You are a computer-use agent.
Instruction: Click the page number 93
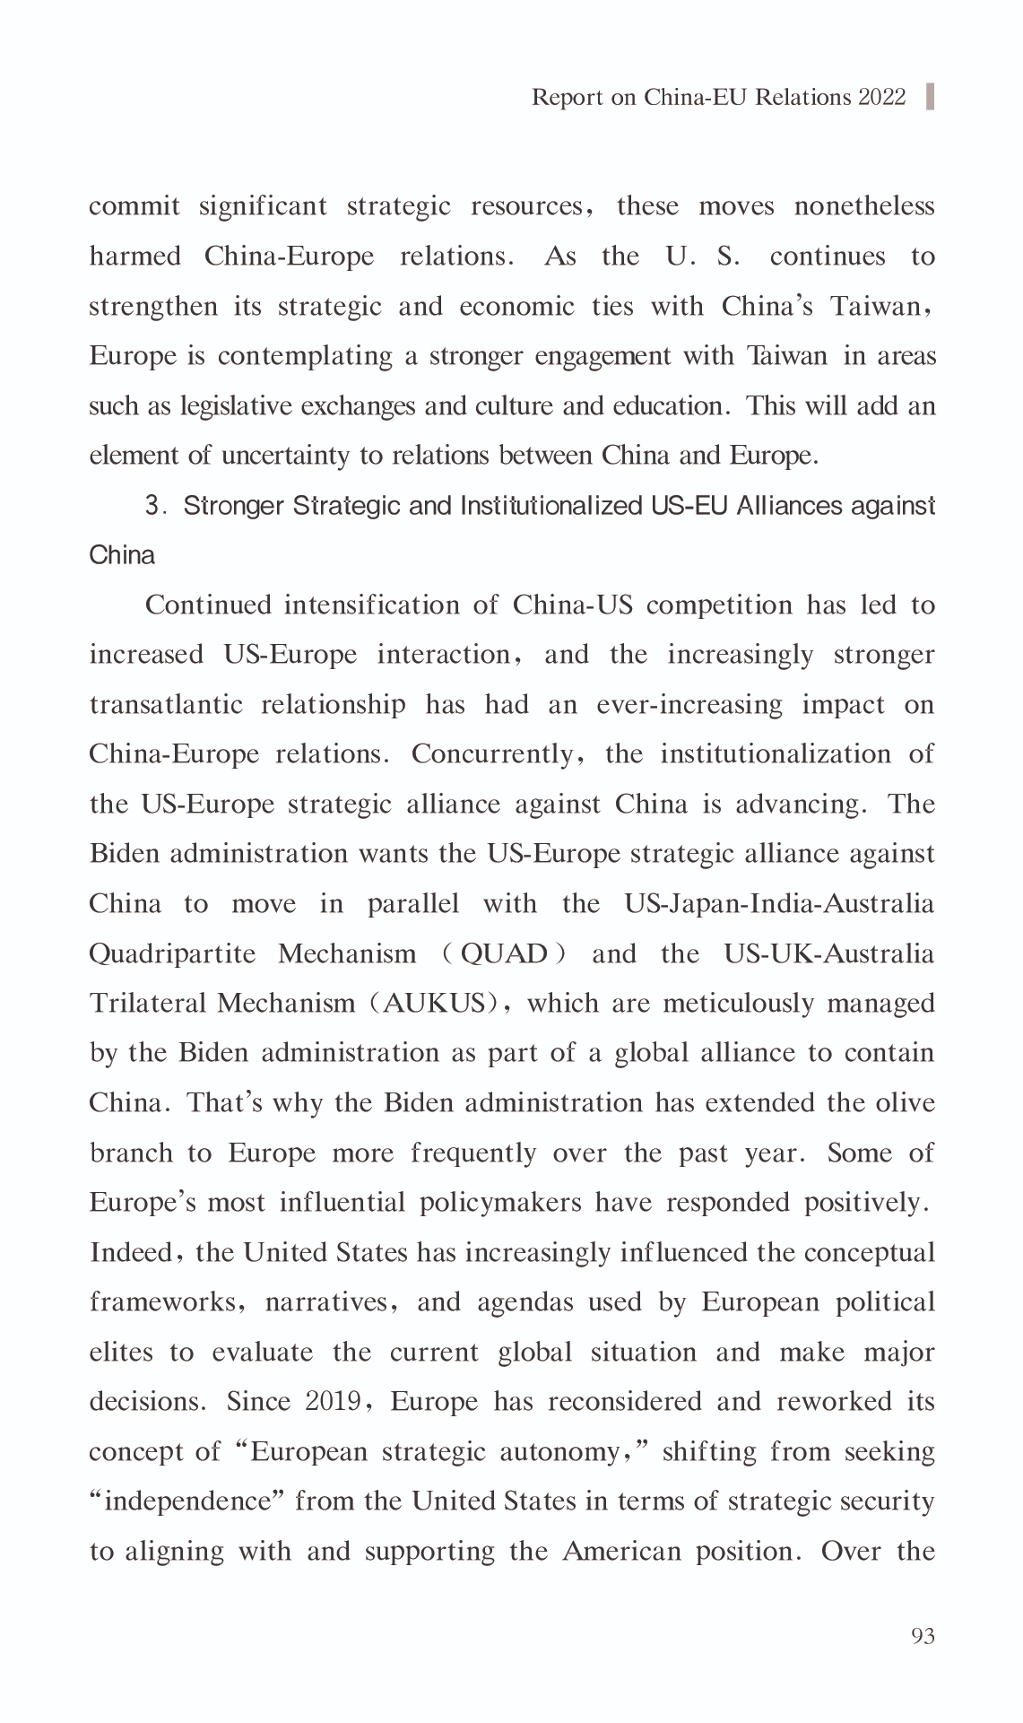tap(923, 1636)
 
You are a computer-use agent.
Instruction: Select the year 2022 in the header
tap(882, 97)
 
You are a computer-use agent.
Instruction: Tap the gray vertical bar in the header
tap(930, 96)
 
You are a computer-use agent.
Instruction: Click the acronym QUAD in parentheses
tap(503, 953)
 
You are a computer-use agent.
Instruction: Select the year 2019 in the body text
tap(330, 1401)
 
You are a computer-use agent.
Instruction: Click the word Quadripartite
tap(172, 953)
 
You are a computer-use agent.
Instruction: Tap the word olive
tap(904, 1102)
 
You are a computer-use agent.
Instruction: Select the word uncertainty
tap(287, 456)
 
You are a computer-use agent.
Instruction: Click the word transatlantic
tap(166, 705)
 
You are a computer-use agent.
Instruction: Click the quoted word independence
tap(187, 1501)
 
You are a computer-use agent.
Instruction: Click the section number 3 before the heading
tap(152, 506)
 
